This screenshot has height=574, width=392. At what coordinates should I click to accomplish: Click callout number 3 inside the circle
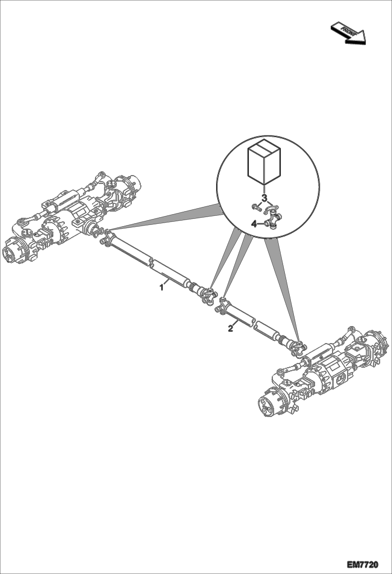[265, 198]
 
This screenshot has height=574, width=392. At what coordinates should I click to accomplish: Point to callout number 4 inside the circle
[254, 224]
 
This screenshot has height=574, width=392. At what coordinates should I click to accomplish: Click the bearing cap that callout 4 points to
[267, 224]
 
